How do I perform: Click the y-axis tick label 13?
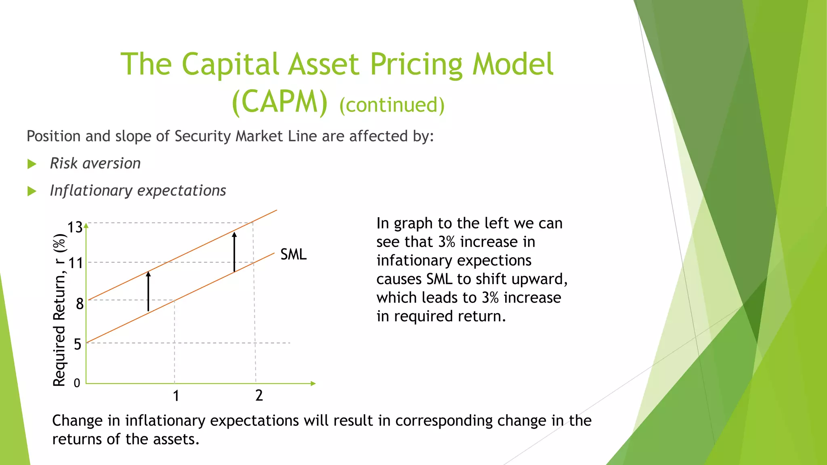[x=75, y=228]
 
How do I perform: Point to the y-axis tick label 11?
[x=76, y=264]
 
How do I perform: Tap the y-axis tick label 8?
[x=80, y=304]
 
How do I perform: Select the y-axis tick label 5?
[x=78, y=344]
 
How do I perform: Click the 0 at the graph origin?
[x=77, y=383]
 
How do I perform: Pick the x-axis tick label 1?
[x=176, y=396]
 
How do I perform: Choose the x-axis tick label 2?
[x=259, y=396]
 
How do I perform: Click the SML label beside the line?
[x=293, y=255]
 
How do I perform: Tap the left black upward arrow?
[x=148, y=291]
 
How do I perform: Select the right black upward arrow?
[x=234, y=252]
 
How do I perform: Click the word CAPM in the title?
[x=280, y=102]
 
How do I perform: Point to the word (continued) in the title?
[x=392, y=105]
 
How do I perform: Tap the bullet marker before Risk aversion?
[x=32, y=164]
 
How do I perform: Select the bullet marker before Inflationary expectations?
[x=32, y=191]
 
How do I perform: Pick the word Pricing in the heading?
[x=416, y=65]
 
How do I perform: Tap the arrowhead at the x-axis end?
[x=313, y=383]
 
